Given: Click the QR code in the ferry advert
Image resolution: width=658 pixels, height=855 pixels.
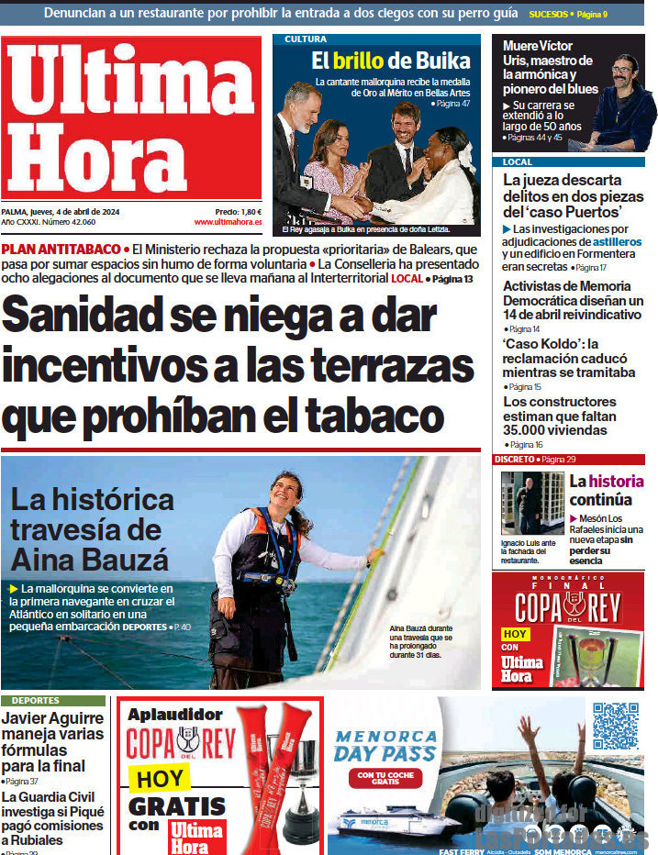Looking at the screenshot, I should [x=615, y=726].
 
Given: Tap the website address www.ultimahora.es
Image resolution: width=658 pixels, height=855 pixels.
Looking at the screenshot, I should [x=228, y=222].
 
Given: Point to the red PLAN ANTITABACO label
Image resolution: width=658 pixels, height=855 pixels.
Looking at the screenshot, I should [x=61, y=250].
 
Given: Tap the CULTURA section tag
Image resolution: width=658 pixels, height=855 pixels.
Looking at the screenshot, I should [x=306, y=39].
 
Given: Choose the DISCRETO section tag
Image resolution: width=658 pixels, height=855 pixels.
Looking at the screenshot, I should [x=514, y=459].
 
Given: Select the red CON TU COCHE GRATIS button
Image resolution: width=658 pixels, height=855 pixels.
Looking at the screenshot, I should [x=385, y=778].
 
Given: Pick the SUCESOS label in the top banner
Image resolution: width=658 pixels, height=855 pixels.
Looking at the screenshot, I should [x=549, y=15].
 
